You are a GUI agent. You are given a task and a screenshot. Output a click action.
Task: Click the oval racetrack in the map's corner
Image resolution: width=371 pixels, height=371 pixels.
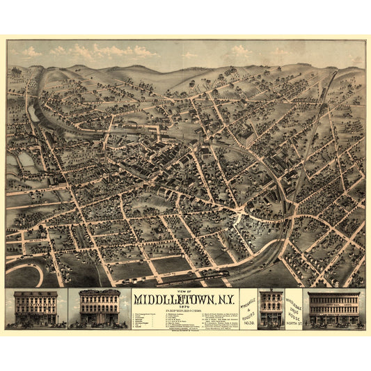[x=23, y=272]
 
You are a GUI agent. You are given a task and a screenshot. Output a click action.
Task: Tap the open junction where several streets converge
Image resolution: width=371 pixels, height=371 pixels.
[x=240, y=219]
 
